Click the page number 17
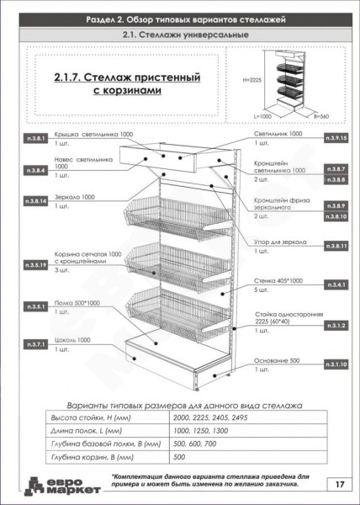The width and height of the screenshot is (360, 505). click(x=337, y=484)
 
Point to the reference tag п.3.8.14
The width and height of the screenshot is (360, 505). click(x=35, y=202)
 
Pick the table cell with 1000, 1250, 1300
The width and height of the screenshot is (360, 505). click(x=194, y=431)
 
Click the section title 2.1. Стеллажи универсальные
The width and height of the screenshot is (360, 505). click(x=179, y=35)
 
